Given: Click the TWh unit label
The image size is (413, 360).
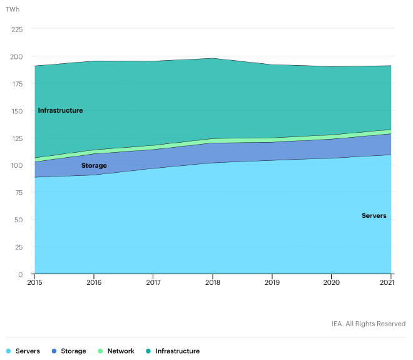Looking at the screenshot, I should click(13, 9).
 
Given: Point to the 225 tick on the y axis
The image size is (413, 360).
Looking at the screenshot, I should click(17, 29).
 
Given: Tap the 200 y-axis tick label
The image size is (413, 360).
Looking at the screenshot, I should click(17, 56).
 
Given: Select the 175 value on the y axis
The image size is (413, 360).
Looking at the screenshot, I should click(17, 84).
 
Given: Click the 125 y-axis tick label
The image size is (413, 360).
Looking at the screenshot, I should click(17, 138).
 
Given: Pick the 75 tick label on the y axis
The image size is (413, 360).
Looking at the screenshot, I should click(19, 193).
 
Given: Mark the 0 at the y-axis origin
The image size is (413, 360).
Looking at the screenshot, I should click(21, 274).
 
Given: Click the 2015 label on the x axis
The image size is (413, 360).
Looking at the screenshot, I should click(34, 283).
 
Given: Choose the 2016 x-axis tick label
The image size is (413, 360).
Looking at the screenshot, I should click(94, 283).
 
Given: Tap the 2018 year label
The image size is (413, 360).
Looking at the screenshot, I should click(213, 283).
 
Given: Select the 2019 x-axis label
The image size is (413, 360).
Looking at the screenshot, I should click(272, 283).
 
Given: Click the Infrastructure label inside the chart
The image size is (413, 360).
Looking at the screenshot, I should click(60, 111).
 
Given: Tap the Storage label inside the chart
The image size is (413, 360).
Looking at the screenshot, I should click(94, 166).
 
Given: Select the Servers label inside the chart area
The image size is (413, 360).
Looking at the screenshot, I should click(374, 216).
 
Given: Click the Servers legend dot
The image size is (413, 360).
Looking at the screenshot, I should click(8, 351).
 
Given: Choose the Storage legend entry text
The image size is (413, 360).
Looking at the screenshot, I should click(73, 351).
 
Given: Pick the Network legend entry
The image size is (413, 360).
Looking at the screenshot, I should click(121, 351).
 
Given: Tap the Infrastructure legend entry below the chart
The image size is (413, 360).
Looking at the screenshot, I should click(178, 351).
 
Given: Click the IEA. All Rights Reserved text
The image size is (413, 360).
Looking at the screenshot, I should click(369, 324).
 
